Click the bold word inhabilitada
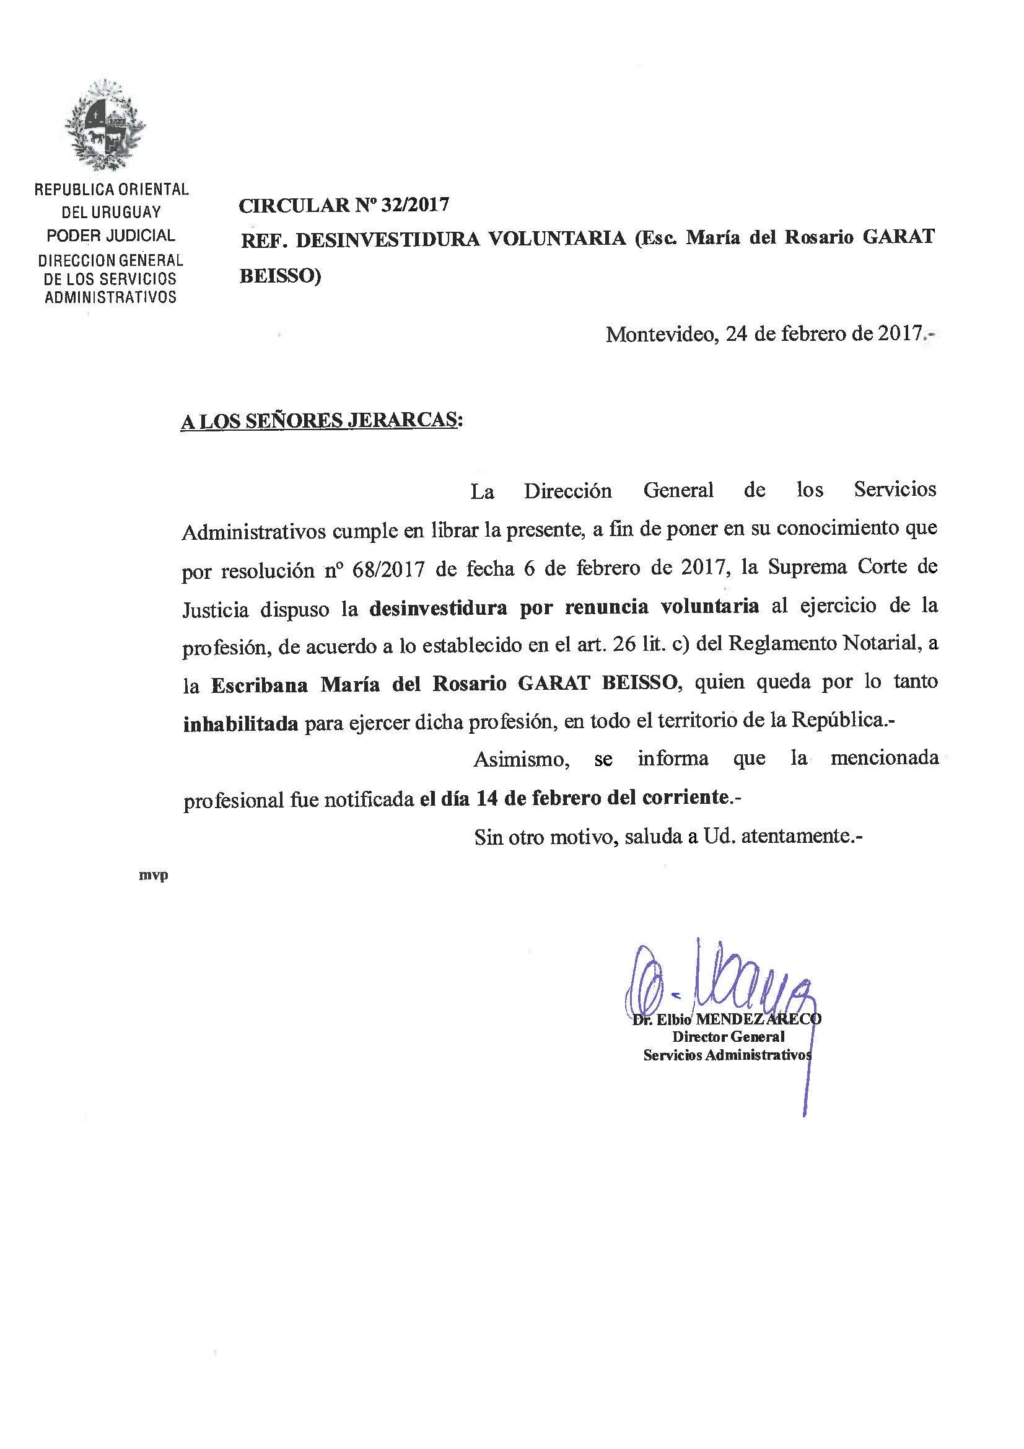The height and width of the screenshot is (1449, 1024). tap(240, 724)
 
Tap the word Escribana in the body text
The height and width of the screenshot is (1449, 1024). tap(260, 685)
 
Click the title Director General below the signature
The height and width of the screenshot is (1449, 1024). tap(727, 1037)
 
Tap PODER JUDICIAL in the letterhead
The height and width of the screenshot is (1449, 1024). tap(111, 236)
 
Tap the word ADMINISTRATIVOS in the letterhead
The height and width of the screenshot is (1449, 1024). tap(110, 297)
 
